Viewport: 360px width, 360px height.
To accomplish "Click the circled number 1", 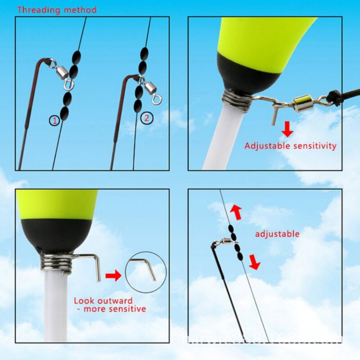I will (x=54, y=120).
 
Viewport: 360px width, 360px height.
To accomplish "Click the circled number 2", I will (x=147, y=118).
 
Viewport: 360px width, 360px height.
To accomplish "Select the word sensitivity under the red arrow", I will (x=314, y=146).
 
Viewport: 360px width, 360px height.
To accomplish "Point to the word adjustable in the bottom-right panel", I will (x=277, y=234).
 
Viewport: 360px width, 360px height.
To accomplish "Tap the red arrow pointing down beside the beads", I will (x=255, y=262).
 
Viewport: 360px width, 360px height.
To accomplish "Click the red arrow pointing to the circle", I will (x=113, y=275).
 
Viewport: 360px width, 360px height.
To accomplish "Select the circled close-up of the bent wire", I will (x=145, y=272).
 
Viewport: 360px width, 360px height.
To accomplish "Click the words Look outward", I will (x=103, y=301).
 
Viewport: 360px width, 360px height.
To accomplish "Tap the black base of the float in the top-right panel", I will (x=243, y=72).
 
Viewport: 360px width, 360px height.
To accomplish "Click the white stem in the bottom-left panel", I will (x=56, y=306).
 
